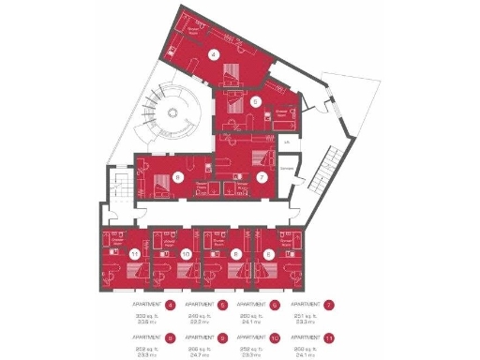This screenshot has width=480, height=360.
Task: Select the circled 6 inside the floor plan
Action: click(177, 176)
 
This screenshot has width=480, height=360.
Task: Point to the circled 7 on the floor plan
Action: click(262, 176)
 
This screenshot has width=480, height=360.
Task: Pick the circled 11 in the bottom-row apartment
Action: click(135, 253)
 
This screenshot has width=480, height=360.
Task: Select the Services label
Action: click(287, 169)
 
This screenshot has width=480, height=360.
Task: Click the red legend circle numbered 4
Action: click(171, 305)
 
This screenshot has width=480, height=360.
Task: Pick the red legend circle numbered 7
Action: click(329, 305)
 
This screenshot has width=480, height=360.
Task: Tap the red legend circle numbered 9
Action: click(223, 337)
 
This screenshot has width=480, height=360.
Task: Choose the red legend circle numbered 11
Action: click(329, 337)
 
